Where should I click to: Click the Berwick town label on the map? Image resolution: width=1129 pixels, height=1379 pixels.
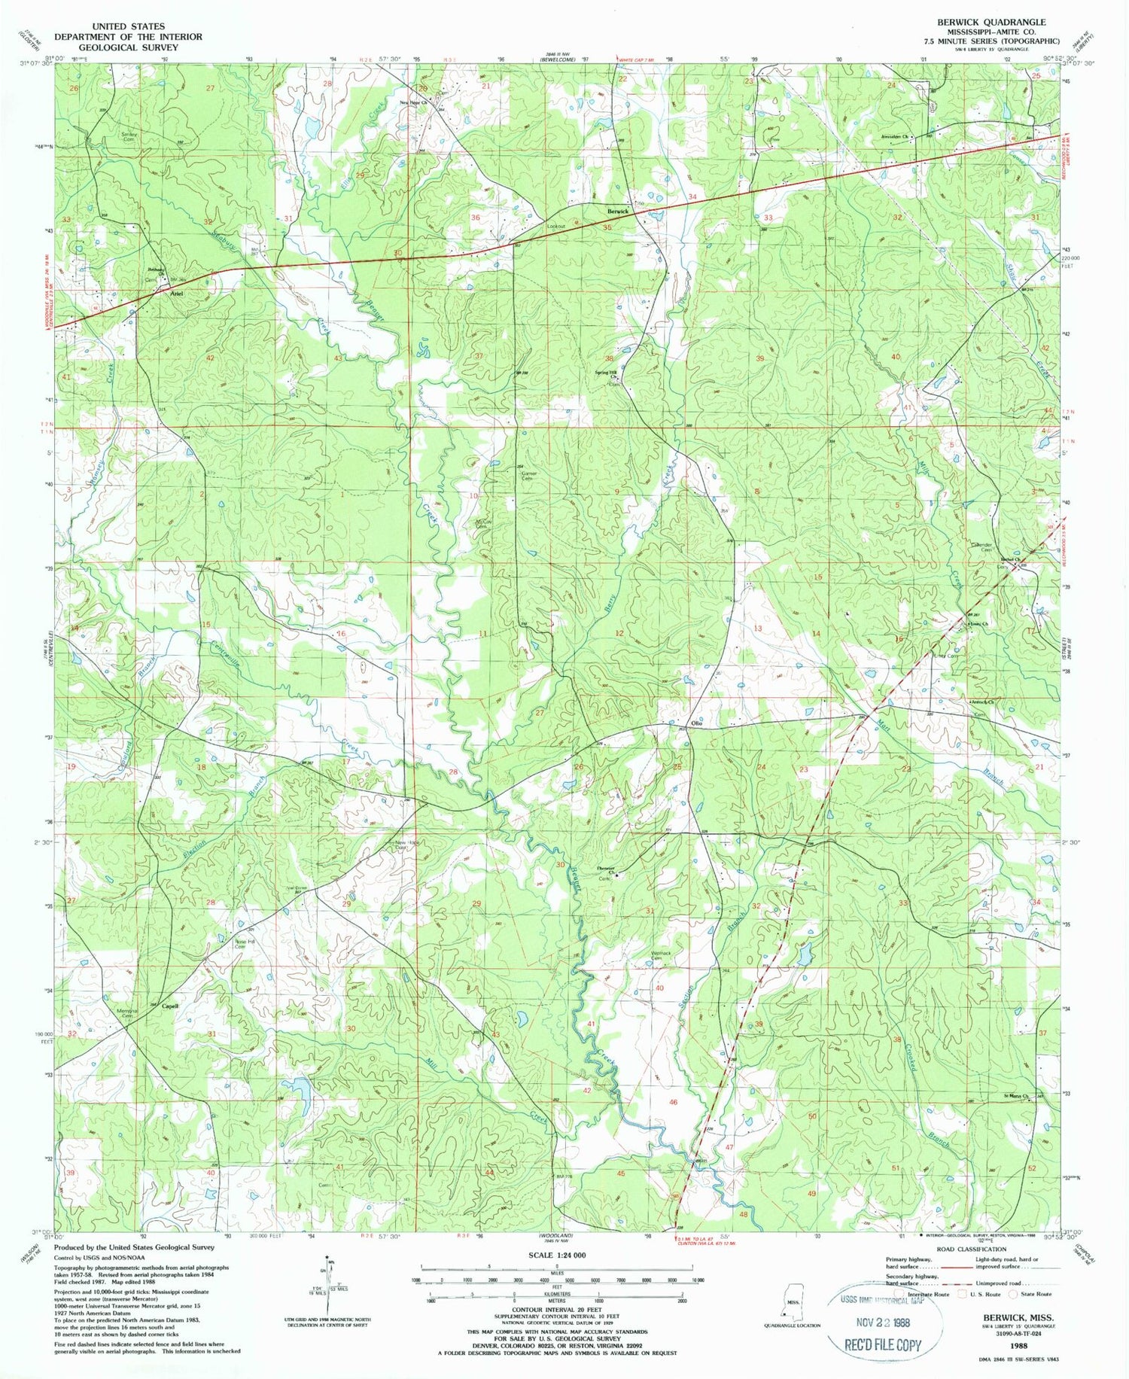(x=618, y=212)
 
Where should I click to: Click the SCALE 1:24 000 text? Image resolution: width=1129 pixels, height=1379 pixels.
(x=558, y=1255)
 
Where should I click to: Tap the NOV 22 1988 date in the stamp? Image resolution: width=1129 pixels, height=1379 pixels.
(x=883, y=1322)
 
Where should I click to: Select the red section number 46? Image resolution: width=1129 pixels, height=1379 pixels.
(x=674, y=1102)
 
